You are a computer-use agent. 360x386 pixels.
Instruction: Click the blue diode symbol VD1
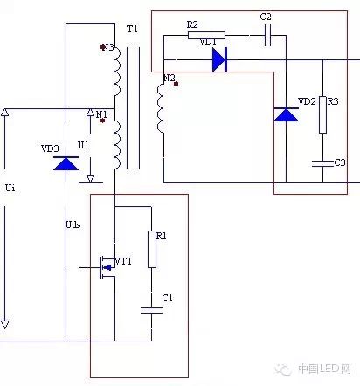(x=219, y=60)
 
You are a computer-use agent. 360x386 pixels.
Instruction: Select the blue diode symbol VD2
(x=286, y=114)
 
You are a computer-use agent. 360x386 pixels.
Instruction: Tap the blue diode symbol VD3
(x=66, y=163)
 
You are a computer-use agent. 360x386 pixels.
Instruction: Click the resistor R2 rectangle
(x=206, y=36)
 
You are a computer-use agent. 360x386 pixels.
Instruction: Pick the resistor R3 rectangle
(x=322, y=115)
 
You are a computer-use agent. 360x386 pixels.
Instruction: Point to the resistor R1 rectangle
(x=152, y=249)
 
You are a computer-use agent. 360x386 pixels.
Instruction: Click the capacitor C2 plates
(x=268, y=36)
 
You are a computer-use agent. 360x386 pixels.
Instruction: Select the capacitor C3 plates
(x=322, y=163)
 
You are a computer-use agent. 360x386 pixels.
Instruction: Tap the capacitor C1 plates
(x=151, y=310)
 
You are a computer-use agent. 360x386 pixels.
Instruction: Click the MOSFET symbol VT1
(x=107, y=267)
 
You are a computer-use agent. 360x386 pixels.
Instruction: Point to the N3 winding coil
(x=116, y=72)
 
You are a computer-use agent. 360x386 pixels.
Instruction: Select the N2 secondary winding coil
(x=161, y=108)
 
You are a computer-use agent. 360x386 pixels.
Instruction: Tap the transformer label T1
(x=132, y=29)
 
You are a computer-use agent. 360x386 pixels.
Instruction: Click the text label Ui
(x=10, y=188)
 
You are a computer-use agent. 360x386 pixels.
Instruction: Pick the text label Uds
(x=73, y=224)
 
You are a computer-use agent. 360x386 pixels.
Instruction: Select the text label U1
(x=83, y=145)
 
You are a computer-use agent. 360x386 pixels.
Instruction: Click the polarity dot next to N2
(x=176, y=84)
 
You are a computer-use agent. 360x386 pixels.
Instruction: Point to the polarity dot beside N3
(x=102, y=47)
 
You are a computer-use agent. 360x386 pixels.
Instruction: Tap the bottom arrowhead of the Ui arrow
(x=5, y=325)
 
